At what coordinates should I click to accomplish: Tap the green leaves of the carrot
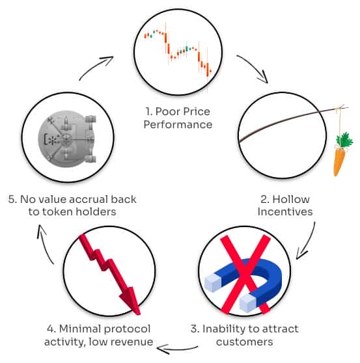coord(344,140)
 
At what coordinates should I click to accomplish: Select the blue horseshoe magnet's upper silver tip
coord(213,283)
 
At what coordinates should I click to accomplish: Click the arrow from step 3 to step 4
coord(176,349)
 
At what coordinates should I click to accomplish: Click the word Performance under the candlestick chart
coord(178,124)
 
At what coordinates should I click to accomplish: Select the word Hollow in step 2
coord(291,199)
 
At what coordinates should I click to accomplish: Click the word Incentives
coord(285,212)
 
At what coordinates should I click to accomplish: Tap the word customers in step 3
coord(244,342)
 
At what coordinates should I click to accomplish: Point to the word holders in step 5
coord(96,212)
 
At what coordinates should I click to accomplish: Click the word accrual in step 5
coord(88,199)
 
